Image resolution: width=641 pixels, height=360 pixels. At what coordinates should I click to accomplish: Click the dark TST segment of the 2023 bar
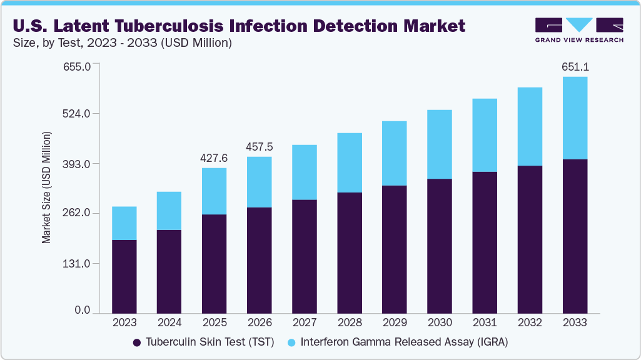124,276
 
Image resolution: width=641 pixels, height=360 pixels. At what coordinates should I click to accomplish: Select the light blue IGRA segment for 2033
575,118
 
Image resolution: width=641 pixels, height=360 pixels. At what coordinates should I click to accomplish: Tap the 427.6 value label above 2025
214,158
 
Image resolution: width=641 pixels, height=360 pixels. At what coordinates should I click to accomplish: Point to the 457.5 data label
259,147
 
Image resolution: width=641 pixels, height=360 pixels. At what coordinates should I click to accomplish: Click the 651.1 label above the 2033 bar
575,67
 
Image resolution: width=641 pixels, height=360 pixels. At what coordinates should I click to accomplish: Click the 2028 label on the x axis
349,322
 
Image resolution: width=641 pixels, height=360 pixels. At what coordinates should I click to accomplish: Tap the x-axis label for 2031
485,322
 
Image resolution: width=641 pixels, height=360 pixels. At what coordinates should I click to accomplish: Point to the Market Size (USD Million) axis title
46,187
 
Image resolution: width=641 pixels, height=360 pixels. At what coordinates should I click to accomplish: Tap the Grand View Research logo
579,29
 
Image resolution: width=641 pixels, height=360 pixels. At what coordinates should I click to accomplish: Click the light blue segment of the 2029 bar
394,153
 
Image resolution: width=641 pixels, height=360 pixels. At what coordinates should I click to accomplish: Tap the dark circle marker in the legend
137,342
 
